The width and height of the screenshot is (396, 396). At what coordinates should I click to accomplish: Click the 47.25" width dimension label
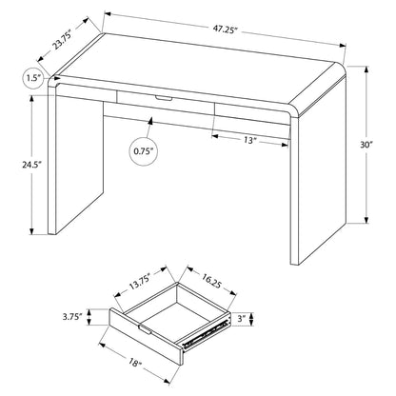(x=225, y=30)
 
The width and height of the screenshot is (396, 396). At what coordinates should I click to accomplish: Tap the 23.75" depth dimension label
(x=61, y=38)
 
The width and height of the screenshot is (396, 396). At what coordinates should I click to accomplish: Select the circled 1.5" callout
(x=34, y=78)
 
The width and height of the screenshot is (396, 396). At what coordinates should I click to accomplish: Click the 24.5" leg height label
(x=31, y=165)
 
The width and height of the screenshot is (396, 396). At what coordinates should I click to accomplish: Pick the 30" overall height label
(x=366, y=145)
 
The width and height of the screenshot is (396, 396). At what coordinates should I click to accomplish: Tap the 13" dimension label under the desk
(x=250, y=140)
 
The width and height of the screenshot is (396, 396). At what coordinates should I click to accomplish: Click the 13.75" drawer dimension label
(x=139, y=282)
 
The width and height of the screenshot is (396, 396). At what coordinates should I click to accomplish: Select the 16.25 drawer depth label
(x=210, y=282)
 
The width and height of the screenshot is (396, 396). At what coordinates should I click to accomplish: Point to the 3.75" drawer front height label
(x=72, y=317)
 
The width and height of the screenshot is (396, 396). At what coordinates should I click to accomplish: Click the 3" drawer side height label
(x=242, y=319)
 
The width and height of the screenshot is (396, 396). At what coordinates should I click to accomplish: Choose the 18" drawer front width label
(x=135, y=363)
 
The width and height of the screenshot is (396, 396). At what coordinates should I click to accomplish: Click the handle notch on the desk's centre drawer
(x=164, y=99)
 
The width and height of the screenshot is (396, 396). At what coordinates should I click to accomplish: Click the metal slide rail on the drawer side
(x=206, y=334)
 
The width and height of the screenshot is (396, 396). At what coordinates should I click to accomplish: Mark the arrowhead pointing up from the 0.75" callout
(x=150, y=121)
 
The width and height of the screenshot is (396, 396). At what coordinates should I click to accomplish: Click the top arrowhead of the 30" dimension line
(x=366, y=69)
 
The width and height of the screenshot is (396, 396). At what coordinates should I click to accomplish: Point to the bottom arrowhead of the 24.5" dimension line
(x=31, y=231)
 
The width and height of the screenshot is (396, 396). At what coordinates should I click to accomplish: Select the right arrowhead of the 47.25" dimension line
(x=343, y=46)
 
